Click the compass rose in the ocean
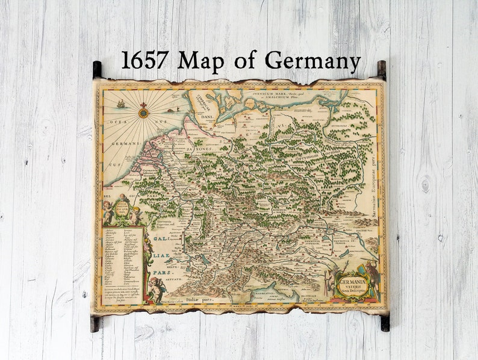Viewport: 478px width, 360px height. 143,112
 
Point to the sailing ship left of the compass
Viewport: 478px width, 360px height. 121,104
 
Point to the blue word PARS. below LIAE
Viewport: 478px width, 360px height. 160,272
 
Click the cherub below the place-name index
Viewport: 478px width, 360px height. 157,289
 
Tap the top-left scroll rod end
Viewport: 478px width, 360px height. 97,69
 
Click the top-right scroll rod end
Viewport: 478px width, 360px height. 381,69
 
